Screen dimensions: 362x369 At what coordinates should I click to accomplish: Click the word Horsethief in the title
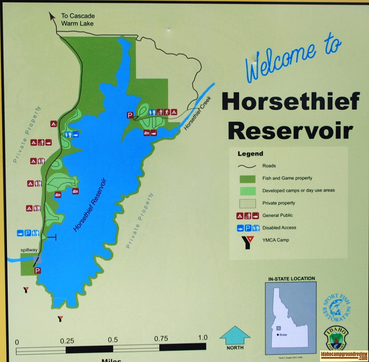tap(290, 101)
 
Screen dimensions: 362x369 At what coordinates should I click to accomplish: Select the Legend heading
tap(250, 154)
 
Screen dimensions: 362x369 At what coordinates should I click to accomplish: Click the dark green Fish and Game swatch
tap(249, 178)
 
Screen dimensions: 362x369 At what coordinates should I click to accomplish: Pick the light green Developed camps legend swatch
tap(249, 190)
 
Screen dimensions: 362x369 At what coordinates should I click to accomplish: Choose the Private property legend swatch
tap(249, 203)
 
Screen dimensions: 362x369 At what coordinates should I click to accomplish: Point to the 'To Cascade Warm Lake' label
tap(77, 19)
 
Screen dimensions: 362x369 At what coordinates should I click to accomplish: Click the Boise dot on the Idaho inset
tap(278, 333)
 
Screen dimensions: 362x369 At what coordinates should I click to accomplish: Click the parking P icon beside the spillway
tap(37, 270)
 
